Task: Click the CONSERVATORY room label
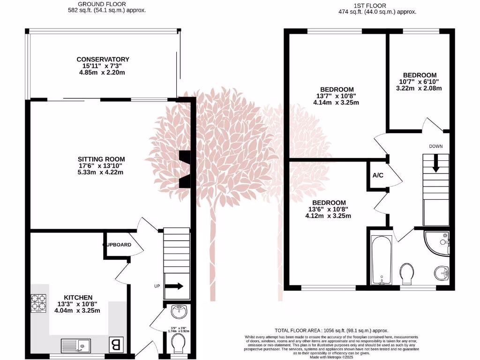click(103, 60)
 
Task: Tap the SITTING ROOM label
click(102, 159)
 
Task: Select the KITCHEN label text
click(78, 297)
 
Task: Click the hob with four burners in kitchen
click(38, 303)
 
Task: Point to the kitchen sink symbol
click(75, 346)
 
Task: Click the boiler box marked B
click(114, 345)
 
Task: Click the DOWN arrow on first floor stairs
click(436, 164)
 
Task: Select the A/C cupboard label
click(378, 175)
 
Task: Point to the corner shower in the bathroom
click(439, 242)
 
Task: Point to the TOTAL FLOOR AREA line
click(331, 330)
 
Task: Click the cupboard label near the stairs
click(117, 245)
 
